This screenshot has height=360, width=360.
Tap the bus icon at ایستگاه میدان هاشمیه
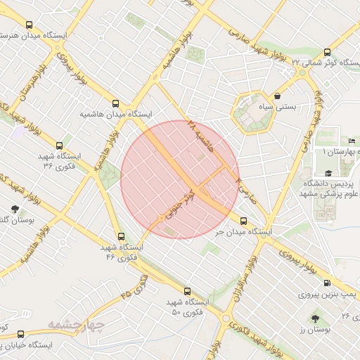(x=116, y=102)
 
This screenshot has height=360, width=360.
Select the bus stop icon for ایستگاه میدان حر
(x=243, y=221)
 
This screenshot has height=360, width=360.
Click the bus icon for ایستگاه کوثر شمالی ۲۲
(x=327, y=51)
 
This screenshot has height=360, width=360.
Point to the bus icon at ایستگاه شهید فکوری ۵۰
(x=186, y=290)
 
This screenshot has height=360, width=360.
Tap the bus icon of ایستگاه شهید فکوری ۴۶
(x=122, y=237)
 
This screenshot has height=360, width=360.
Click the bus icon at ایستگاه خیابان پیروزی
(x=20, y=335)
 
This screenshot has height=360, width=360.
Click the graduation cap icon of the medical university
(x=328, y=173)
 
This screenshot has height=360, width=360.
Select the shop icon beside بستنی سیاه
(x=278, y=96)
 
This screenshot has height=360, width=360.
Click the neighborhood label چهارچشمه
(x=76, y=324)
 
